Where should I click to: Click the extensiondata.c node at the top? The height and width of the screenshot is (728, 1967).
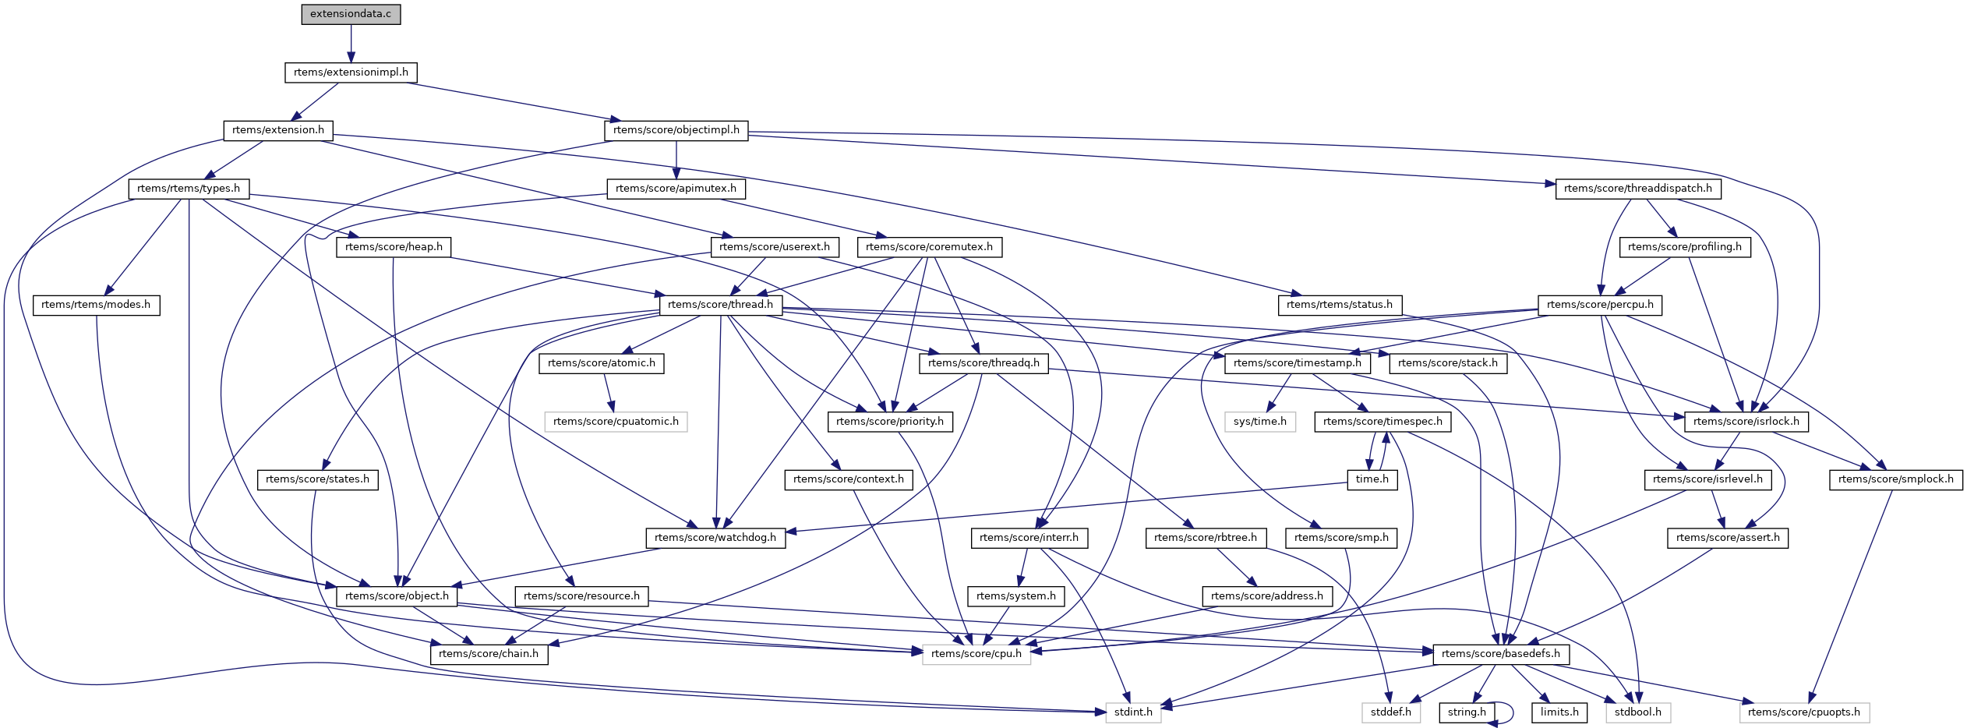(x=351, y=14)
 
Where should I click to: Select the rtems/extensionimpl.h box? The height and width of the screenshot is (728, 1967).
(x=351, y=72)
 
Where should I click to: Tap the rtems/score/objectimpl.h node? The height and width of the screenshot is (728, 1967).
(x=676, y=130)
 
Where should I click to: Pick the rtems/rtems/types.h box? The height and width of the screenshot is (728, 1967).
(x=189, y=189)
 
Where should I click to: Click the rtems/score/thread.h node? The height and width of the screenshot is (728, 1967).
(x=720, y=305)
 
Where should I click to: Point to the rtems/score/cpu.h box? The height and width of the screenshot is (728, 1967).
(x=976, y=654)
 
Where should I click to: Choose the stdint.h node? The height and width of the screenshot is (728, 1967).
(x=1133, y=712)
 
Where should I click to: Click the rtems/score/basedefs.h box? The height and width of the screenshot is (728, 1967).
(x=1500, y=654)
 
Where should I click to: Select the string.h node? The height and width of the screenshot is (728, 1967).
(x=1467, y=712)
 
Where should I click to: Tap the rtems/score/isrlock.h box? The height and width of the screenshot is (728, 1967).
(x=1746, y=422)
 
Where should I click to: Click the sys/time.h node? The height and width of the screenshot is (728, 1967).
(x=1259, y=422)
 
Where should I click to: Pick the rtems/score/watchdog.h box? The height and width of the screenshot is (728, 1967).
(x=715, y=538)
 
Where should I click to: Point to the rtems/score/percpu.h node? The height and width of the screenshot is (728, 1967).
(x=1599, y=305)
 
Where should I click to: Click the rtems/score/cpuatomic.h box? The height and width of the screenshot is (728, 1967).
(x=616, y=422)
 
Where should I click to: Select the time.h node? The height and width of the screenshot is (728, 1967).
(x=1372, y=479)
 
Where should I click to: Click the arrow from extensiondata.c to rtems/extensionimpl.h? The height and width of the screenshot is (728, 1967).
(x=351, y=43)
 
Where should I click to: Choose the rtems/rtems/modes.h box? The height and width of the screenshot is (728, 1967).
(x=96, y=305)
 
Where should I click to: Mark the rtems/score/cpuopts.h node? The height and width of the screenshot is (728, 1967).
(x=1803, y=712)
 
